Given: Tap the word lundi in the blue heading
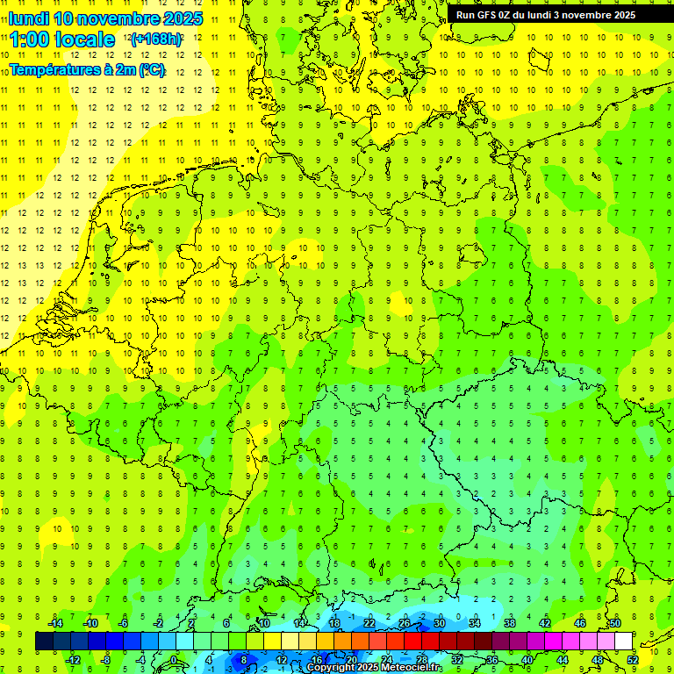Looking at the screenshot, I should pos(28,18).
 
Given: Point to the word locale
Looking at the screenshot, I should pos(85,39).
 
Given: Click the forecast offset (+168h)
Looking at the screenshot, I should pos(156,39).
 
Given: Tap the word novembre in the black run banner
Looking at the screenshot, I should pos(588,15).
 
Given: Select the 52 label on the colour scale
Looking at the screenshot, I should pos(633,660).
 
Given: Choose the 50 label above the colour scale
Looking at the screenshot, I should pos(615,623).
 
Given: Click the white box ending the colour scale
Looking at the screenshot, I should pos(624,642).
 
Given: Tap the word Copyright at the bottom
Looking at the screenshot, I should pos(331,668).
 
